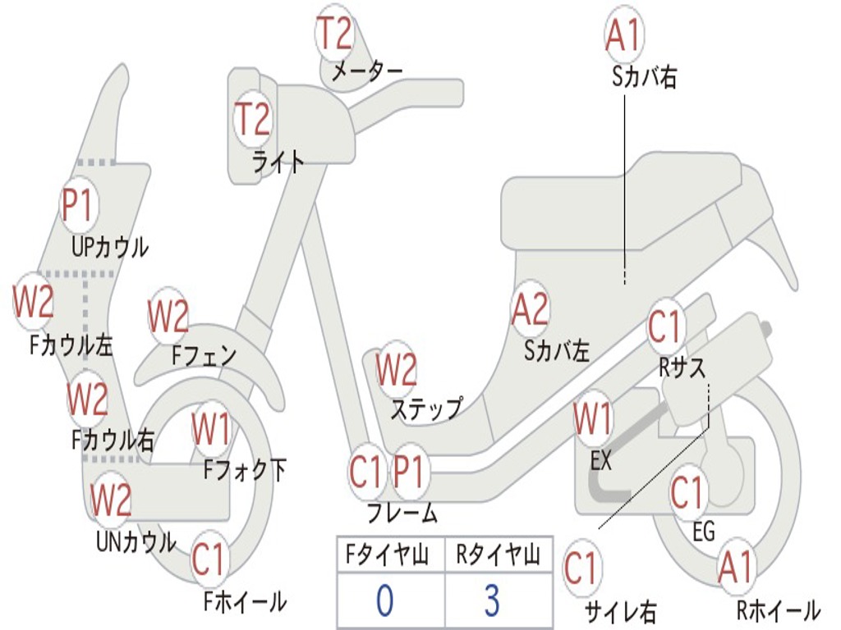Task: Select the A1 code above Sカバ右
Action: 623,35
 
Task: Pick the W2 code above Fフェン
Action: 168,317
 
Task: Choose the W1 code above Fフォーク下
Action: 211,428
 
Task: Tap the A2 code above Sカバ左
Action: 530,309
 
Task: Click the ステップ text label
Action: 425,408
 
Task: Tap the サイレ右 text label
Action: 621,610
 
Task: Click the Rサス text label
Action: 682,368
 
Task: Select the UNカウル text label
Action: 136,541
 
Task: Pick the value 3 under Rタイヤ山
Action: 492,600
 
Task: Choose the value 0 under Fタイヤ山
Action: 384,600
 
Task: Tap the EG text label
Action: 704,532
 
